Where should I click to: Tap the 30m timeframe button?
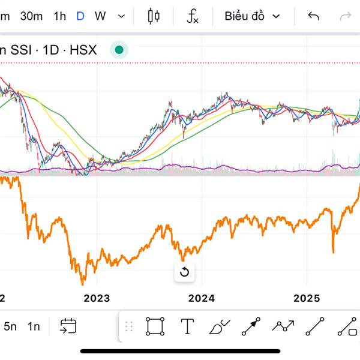pyautogui.click(x=31, y=16)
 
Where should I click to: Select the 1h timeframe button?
pyautogui.click(x=59, y=16)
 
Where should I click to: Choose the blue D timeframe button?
pyautogui.click(x=80, y=16)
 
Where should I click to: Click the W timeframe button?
pyautogui.click(x=100, y=16)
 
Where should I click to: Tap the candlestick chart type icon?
pyautogui.click(x=154, y=16)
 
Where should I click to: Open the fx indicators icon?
pyautogui.click(x=193, y=16)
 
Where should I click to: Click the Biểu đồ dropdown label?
pyautogui.click(x=245, y=16)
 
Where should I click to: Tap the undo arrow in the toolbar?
pyautogui.click(x=313, y=16)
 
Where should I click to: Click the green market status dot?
pyautogui.click(x=119, y=50)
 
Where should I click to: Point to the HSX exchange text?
pyautogui.click(x=83, y=50)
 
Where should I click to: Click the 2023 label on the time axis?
pyautogui.click(x=97, y=298)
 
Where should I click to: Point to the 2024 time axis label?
pyautogui.click(x=202, y=298)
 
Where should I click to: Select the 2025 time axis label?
pyautogui.click(x=307, y=298)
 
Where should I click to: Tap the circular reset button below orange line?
pyautogui.click(x=184, y=272)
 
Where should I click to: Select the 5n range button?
pyautogui.click(x=10, y=326)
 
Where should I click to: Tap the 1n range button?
pyautogui.click(x=34, y=326)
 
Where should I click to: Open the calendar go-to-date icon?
pyautogui.click(x=68, y=326)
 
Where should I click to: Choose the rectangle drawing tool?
pyautogui.click(x=155, y=326)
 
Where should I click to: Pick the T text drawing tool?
pyautogui.click(x=187, y=326)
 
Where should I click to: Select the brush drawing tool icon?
pyautogui.click(x=219, y=326)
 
